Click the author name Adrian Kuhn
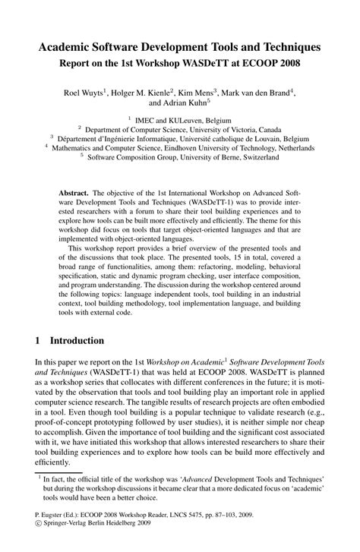pyautogui.click(x=189, y=103)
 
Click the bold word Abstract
pyautogui.click(x=76, y=194)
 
